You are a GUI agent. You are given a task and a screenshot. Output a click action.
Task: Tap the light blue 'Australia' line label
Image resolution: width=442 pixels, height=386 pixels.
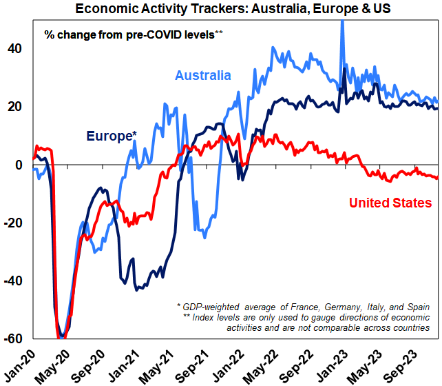click(x=203, y=75)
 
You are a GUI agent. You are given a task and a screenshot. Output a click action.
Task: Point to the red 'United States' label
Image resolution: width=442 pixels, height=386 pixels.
click(x=390, y=203)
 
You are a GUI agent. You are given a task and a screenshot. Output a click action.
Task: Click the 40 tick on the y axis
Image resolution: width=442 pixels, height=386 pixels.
click(x=16, y=48)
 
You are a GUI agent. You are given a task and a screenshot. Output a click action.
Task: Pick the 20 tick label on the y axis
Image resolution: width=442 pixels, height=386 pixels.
click(x=16, y=106)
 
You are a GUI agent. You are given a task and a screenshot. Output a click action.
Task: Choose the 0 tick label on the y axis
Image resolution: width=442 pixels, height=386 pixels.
click(x=20, y=165)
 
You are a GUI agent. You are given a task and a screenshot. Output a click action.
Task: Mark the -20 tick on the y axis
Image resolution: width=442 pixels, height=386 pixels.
click(x=14, y=223)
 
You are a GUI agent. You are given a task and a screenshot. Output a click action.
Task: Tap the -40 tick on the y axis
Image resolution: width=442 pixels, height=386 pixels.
click(x=14, y=281)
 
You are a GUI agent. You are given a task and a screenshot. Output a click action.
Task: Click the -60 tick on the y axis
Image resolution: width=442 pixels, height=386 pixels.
click(x=14, y=339)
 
